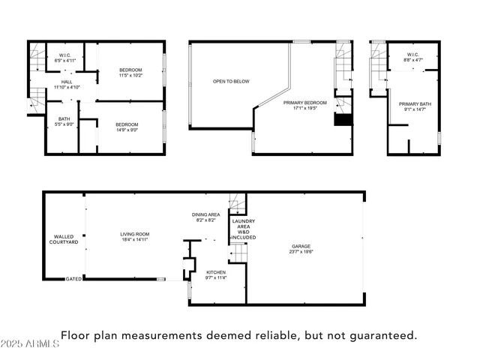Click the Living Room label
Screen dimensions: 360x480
pos(135,235)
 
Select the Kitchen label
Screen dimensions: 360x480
pos(216,272)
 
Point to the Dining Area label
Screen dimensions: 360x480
pos(207,215)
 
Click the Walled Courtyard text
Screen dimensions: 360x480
pos(61,240)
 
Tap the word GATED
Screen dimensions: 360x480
pos(73,278)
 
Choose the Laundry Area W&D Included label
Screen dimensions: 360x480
pos(244,229)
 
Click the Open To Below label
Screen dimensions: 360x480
pos(231,81)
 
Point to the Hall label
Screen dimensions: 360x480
pos(67,82)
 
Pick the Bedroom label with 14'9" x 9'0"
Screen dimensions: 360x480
pos(127,124)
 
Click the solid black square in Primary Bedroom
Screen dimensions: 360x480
pos(343,119)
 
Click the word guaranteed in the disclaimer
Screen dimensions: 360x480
pos(382,335)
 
